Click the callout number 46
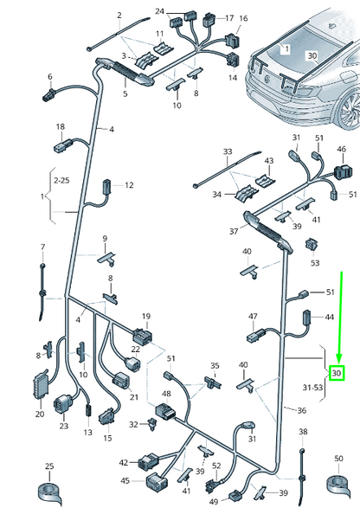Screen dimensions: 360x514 pos(341,149)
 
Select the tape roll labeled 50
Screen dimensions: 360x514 pos(339,486)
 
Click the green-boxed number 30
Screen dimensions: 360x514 pos(337,373)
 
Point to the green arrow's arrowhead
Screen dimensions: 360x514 pos(339,360)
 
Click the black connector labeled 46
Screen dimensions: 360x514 pos(343,171)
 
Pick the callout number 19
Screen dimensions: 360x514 pos(146,317)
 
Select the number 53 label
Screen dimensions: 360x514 pos(315,263)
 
